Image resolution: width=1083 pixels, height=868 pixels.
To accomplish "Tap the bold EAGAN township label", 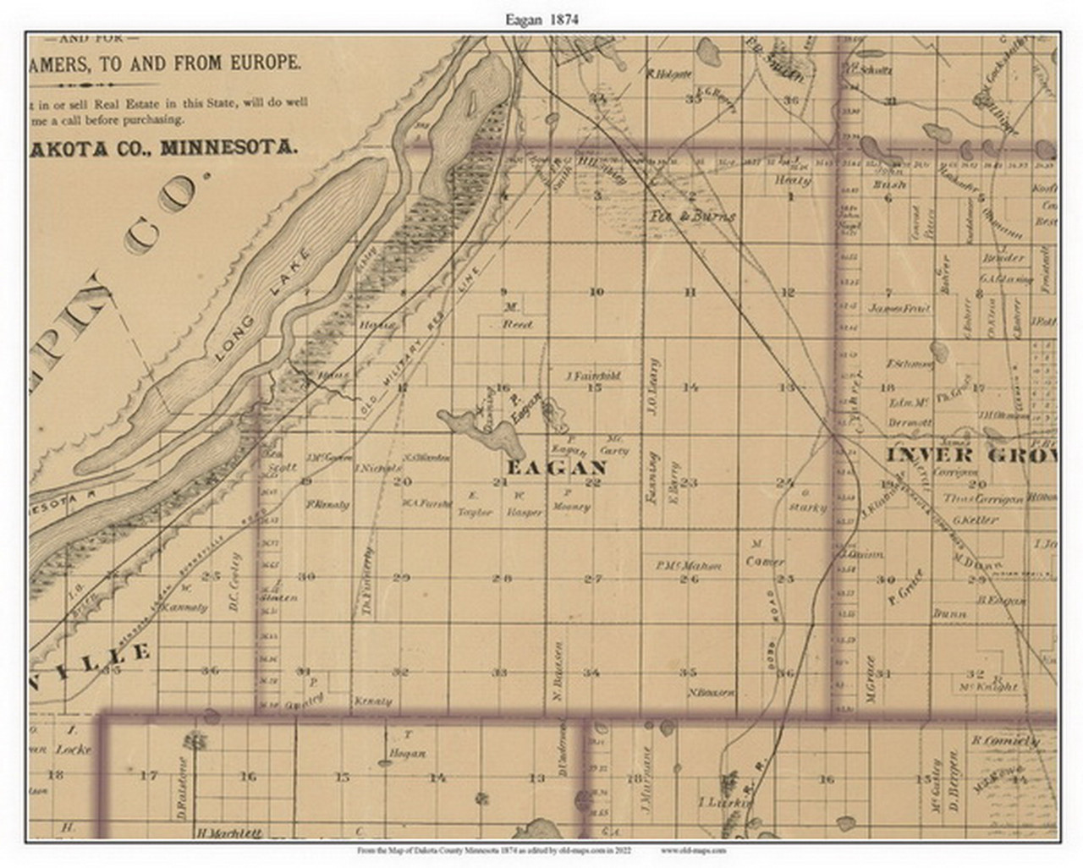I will pyautogui.click(x=556, y=468).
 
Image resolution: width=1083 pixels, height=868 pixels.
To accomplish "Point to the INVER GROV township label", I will pyautogui.click(x=970, y=456).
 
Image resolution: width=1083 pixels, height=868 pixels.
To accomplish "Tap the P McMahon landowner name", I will pyautogui.click(x=687, y=566).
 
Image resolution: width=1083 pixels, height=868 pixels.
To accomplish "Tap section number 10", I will pyautogui.click(x=596, y=292).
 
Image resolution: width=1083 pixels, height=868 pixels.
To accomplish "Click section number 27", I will pyautogui.click(x=593, y=579).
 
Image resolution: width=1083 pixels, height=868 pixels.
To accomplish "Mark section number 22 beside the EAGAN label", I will pyautogui.click(x=593, y=483).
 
